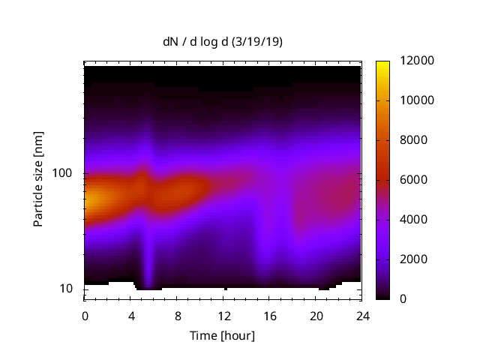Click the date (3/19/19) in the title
[x=256, y=43]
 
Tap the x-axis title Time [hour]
[x=222, y=335]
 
